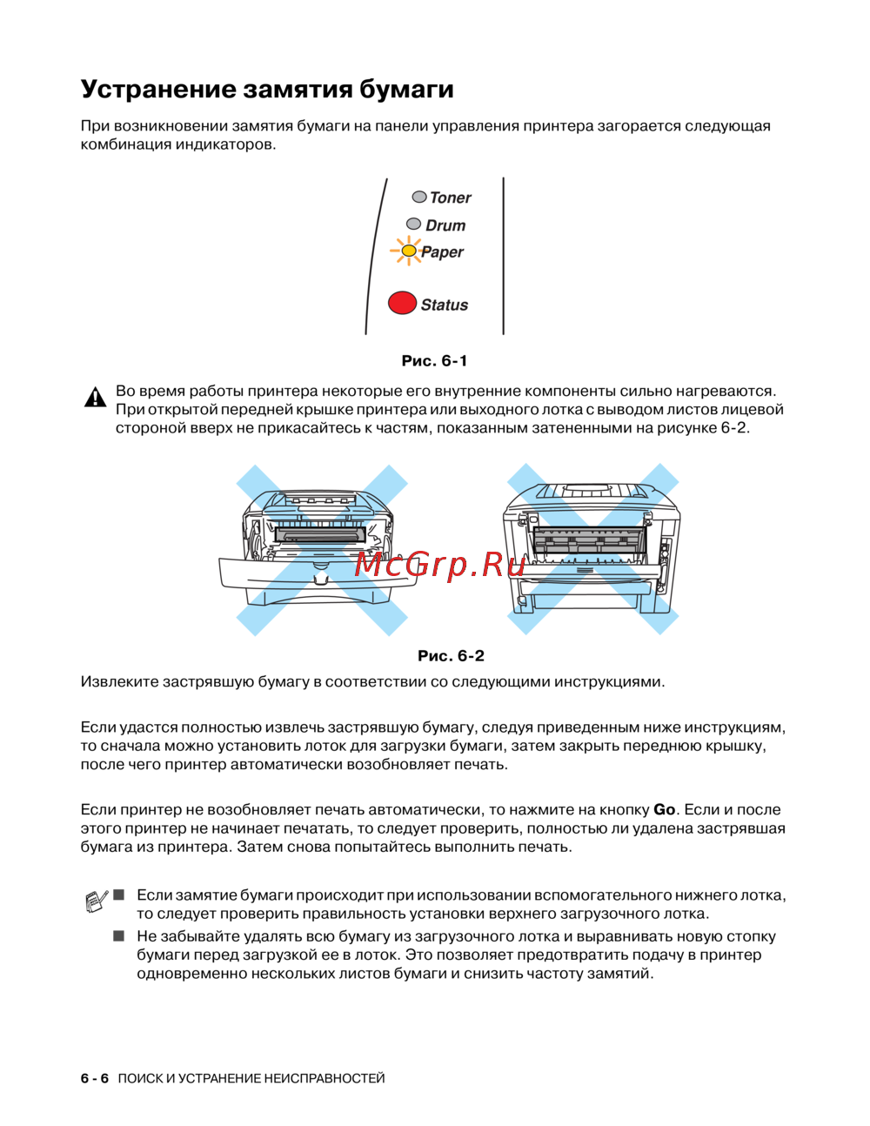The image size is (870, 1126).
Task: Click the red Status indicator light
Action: click(402, 303)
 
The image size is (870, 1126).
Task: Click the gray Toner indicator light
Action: click(419, 197)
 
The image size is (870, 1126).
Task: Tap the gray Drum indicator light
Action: click(414, 224)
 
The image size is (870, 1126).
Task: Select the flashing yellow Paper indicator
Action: click(408, 251)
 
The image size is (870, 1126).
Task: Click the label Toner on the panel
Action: click(450, 198)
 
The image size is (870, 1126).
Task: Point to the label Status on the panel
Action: click(444, 305)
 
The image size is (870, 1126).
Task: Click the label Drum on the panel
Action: click(445, 225)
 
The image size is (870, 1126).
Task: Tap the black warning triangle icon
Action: click(95, 399)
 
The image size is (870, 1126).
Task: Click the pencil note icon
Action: click(97, 901)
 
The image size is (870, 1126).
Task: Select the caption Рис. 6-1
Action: click(434, 360)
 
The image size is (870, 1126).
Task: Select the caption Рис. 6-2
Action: click(451, 655)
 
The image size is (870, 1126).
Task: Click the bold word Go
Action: click(664, 809)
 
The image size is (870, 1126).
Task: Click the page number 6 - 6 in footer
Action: click(95, 1078)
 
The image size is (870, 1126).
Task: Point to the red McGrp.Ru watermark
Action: click(440, 566)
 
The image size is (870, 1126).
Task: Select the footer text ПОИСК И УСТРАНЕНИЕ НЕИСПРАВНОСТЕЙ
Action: click(251, 1078)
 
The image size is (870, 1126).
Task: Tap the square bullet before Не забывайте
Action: click(119, 936)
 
